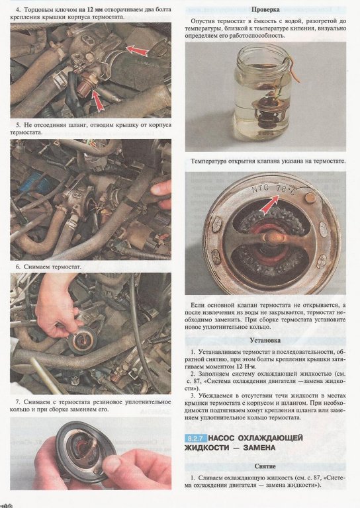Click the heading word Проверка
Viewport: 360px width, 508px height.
(x=265, y=10)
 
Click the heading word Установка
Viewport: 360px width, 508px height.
(x=265, y=341)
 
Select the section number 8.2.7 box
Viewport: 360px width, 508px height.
(x=196, y=439)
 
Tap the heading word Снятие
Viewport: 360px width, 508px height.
(x=265, y=466)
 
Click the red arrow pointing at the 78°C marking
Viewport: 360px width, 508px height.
(x=269, y=204)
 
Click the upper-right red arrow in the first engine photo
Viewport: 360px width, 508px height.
(x=137, y=51)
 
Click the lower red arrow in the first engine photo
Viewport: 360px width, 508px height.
(x=98, y=101)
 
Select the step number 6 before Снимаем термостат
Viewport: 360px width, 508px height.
(x=18, y=267)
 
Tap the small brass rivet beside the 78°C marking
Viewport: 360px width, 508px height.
(x=310, y=197)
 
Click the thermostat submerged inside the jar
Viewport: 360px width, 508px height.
(x=266, y=113)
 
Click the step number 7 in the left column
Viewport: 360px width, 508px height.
(x=18, y=402)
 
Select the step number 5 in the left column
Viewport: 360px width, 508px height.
(x=18, y=125)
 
